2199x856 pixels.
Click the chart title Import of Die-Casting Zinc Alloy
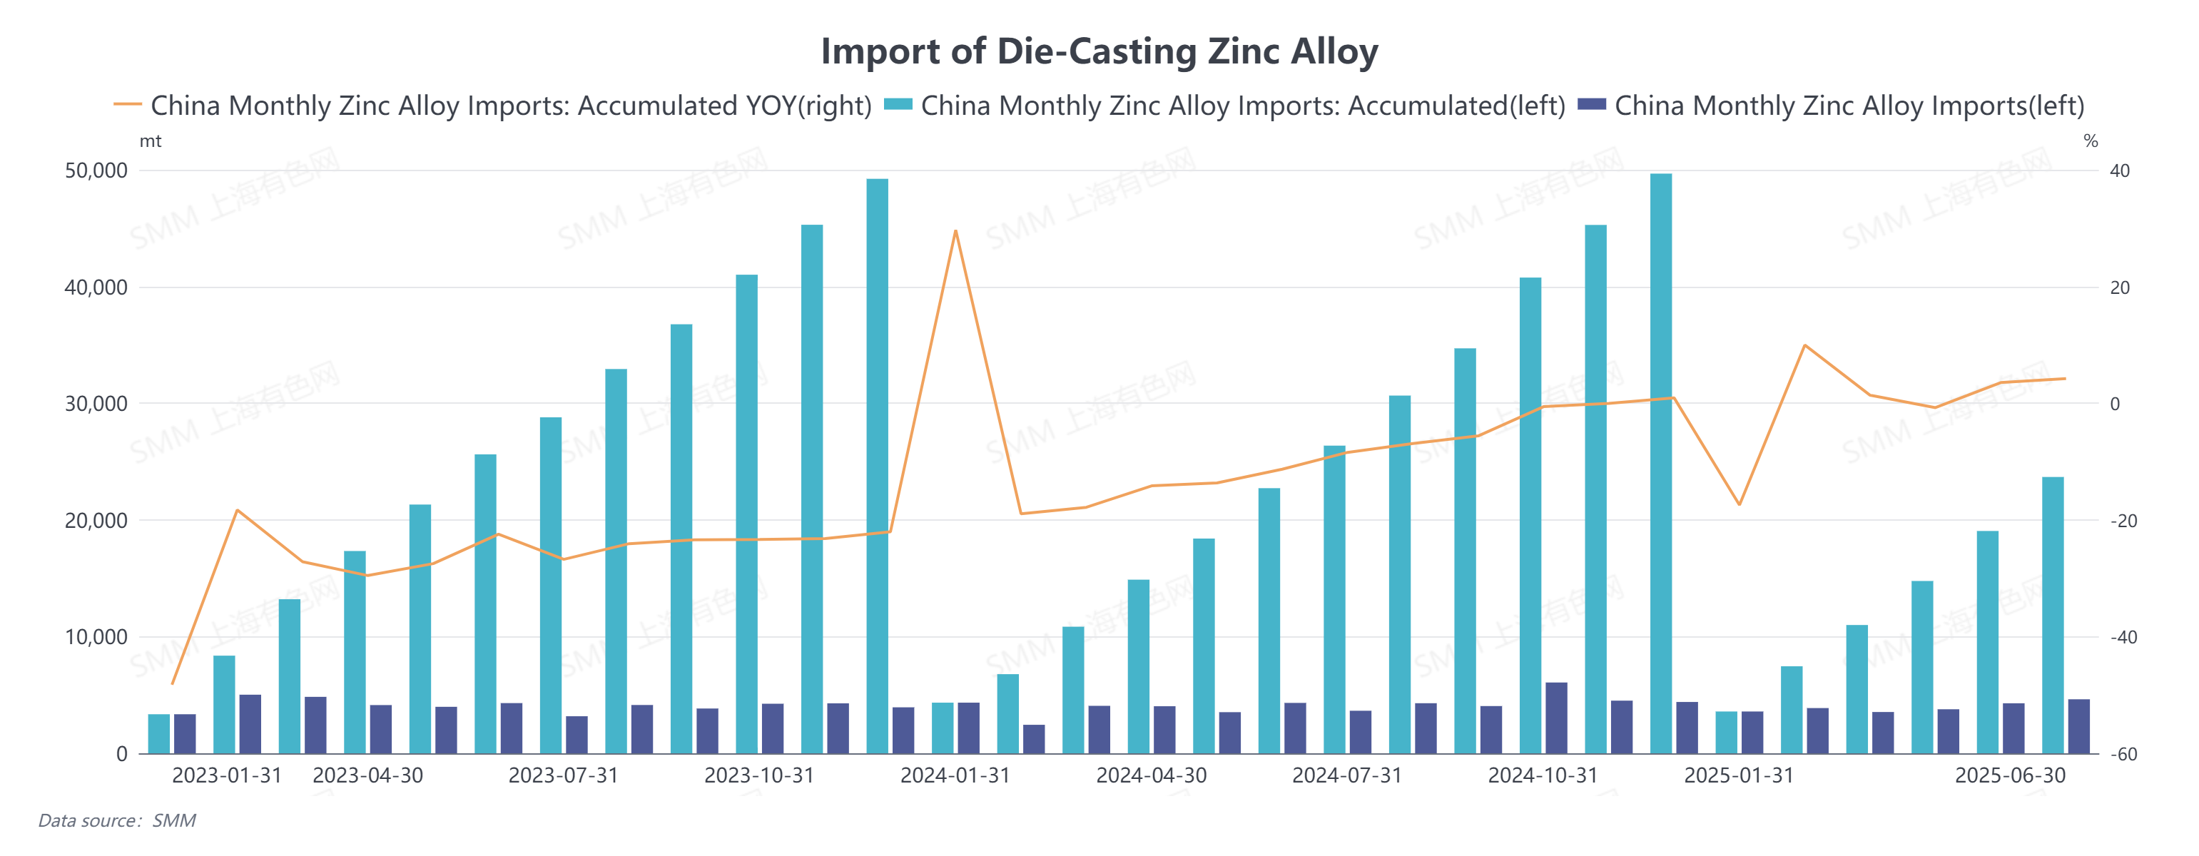coord(1099,51)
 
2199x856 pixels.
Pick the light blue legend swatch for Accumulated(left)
coord(898,105)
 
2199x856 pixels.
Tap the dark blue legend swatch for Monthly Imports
coord(1591,105)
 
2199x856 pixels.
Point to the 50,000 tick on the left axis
coord(96,170)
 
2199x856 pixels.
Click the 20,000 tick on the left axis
coord(96,521)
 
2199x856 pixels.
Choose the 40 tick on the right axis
coord(2119,170)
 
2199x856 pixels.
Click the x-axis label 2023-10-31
coord(759,776)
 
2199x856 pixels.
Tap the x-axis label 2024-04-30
coord(1151,776)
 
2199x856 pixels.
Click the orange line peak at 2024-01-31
coord(955,230)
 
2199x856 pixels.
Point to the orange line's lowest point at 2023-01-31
coord(173,683)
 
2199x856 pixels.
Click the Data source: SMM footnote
coord(117,821)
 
